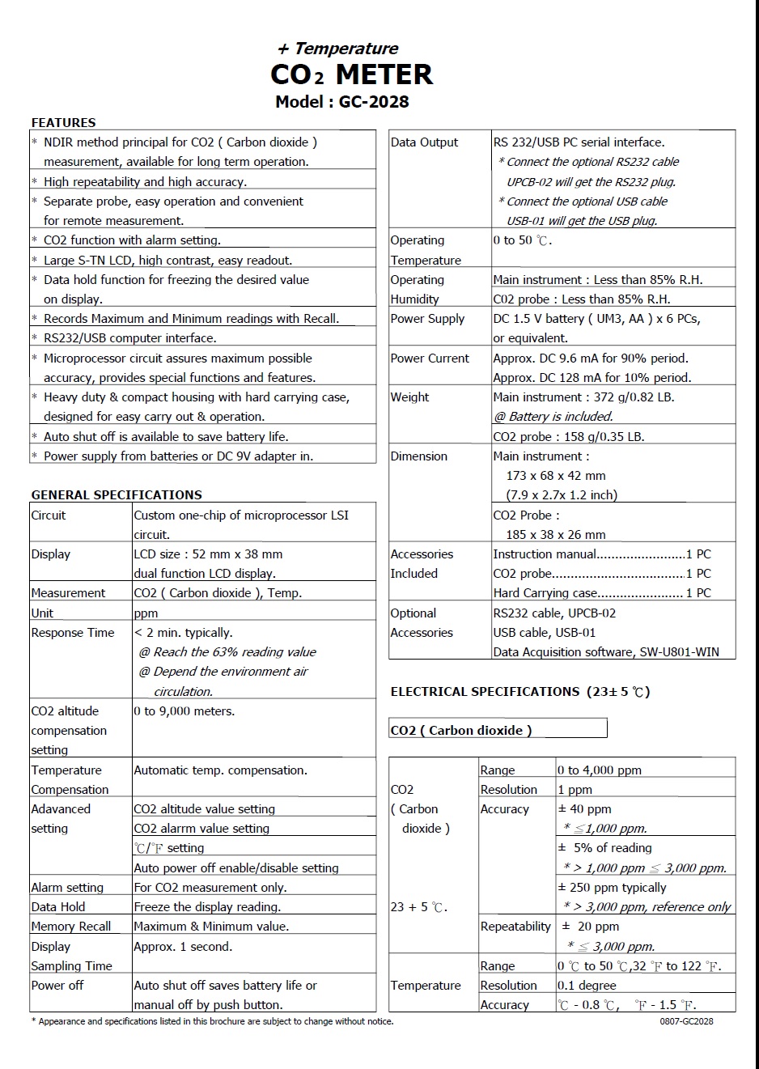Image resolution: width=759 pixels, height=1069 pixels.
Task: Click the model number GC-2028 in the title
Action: point(373,102)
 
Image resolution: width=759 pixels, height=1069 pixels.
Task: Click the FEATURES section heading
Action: point(63,123)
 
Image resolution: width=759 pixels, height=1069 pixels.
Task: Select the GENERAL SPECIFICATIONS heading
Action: point(117,495)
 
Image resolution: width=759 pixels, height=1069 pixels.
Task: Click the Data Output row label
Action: point(424,142)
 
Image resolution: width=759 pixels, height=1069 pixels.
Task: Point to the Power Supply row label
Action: point(427,319)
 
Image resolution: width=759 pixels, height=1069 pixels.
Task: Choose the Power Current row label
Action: point(430,358)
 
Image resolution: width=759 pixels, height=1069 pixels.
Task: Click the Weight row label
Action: point(410,397)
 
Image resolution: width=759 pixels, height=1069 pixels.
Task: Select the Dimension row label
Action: point(419,456)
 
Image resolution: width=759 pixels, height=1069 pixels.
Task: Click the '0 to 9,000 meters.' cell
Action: point(184,711)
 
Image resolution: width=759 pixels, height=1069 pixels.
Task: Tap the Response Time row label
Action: point(73,633)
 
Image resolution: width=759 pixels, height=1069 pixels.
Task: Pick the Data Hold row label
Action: point(58,907)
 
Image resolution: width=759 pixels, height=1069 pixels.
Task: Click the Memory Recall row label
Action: point(71,927)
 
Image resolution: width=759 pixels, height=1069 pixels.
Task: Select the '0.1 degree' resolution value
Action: point(587,986)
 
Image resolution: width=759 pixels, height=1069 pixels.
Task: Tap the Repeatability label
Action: point(515,927)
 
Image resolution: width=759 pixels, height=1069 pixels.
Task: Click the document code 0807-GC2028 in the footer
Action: point(686,1021)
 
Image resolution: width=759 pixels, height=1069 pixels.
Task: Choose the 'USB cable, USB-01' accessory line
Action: point(544,633)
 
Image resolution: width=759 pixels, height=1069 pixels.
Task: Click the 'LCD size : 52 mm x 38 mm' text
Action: point(208,554)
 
